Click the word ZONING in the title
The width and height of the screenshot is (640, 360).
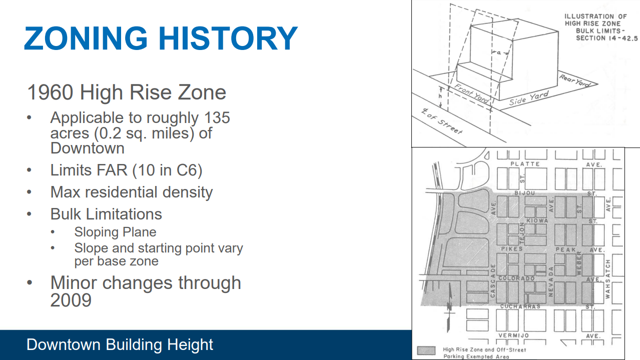pyautogui.click(x=86, y=38)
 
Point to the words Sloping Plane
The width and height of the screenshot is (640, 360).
pyautogui.click(x=115, y=232)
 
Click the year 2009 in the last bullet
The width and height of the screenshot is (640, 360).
pyautogui.click(x=71, y=300)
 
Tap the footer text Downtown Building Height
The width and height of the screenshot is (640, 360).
pyautogui.click(x=120, y=344)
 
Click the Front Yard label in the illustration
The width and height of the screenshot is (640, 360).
pyautogui.click(x=471, y=94)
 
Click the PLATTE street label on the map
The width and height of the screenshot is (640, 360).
pyautogui.click(x=524, y=164)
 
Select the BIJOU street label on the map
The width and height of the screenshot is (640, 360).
pyautogui.click(x=524, y=193)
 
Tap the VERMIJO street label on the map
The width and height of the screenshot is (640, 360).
pyautogui.click(x=513, y=335)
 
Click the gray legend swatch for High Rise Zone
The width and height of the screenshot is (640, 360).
pyautogui.click(x=426, y=349)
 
